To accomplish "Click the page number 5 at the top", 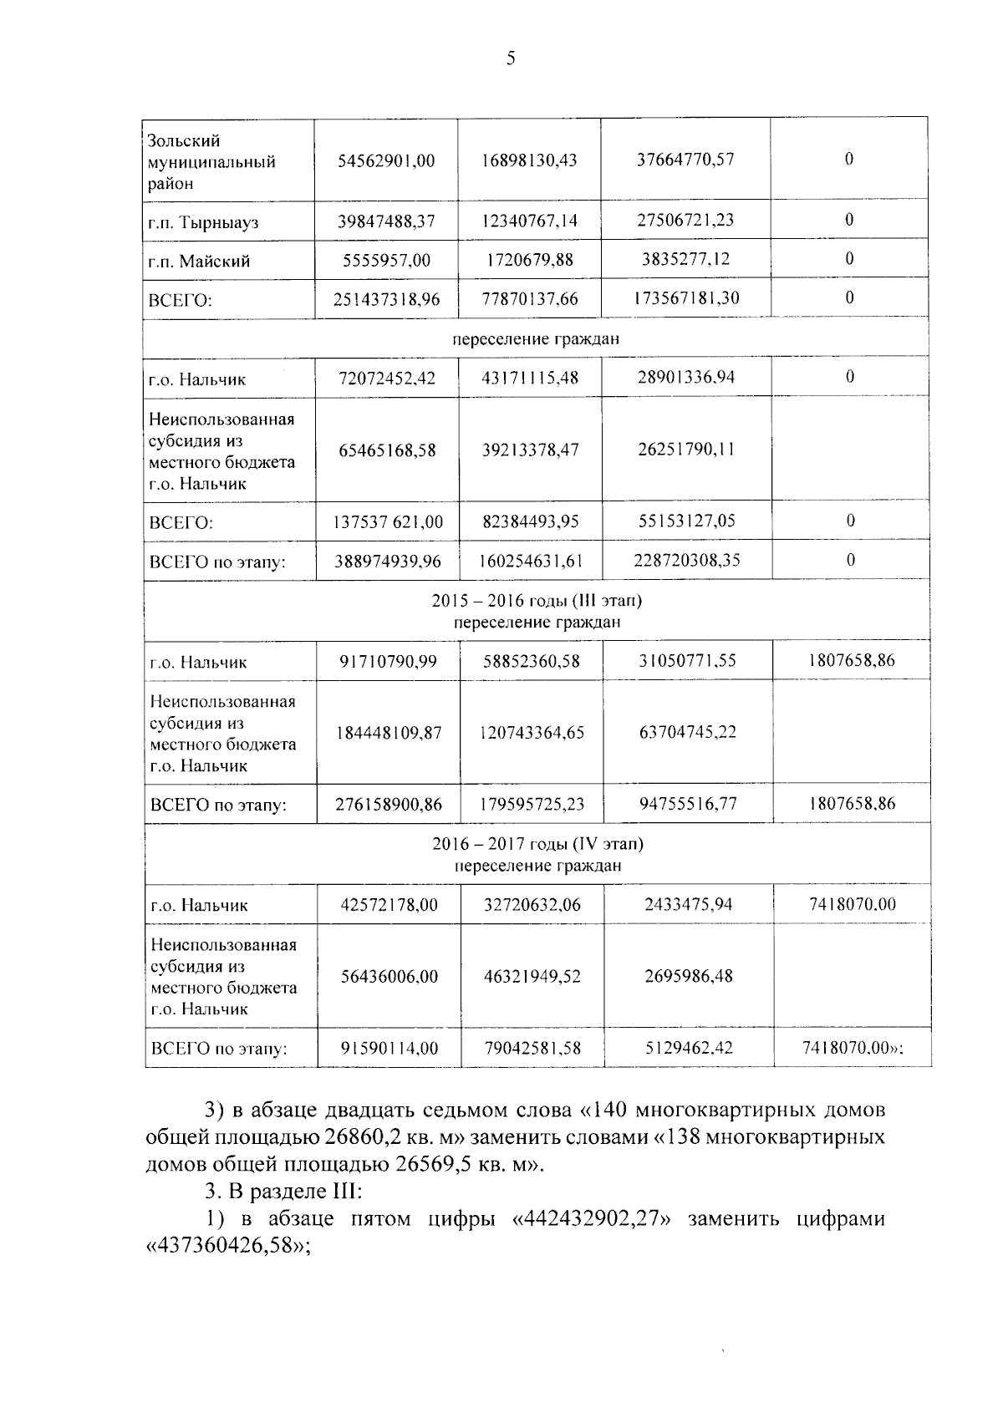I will tap(511, 58).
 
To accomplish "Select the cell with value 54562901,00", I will tap(386, 160).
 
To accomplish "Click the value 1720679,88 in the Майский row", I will tap(529, 260).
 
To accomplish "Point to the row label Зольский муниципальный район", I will tap(211, 162).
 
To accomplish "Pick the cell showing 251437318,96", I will tap(386, 298).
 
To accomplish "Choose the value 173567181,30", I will tap(685, 297).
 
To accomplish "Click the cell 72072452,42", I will tap(387, 378).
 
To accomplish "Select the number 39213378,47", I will tap(530, 450).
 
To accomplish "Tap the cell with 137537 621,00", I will tap(388, 522).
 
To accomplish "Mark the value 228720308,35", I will tap(685, 559).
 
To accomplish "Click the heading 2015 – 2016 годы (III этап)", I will tap(537, 601).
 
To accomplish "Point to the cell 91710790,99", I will tap(388, 661).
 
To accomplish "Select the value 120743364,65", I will tap(532, 733).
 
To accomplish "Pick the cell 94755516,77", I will tap(688, 804).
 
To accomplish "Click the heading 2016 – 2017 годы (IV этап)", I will tap(537, 844).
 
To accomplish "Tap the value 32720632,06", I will tap(532, 904).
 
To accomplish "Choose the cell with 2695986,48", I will tap(688, 976).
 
